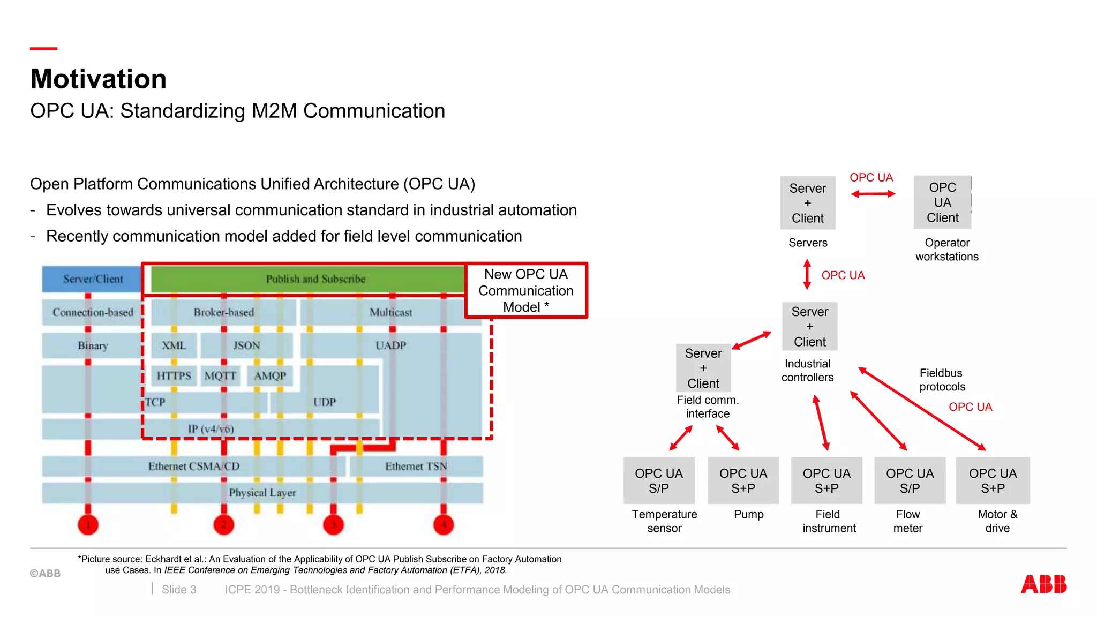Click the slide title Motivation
point(99,79)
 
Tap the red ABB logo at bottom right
point(1043,584)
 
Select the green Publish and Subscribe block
point(315,279)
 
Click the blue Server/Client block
point(93,279)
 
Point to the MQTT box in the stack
point(220,375)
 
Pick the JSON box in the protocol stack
point(246,345)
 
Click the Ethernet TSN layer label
point(416,466)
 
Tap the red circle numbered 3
point(333,524)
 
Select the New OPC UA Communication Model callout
point(526,290)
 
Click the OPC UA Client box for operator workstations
point(942,202)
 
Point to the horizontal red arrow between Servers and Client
point(873,194)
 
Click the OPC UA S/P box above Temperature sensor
point(659,480)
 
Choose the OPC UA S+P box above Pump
point(743,480)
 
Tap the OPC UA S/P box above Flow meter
point(910,480)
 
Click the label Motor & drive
point(997,521)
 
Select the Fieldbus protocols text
point(942,380)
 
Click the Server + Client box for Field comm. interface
point(703,368)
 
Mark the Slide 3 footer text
point(179,589)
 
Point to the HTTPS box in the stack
point(174,375)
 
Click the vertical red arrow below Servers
point(807,274)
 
